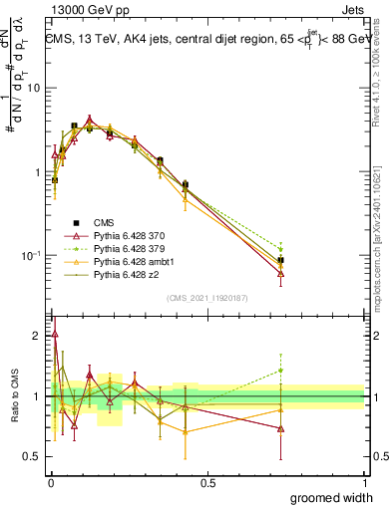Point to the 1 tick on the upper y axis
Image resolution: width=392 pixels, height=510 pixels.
point(39,172)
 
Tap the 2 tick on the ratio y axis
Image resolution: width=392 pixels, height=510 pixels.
point(39,336)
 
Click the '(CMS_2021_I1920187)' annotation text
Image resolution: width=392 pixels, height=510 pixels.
point(207,298)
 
